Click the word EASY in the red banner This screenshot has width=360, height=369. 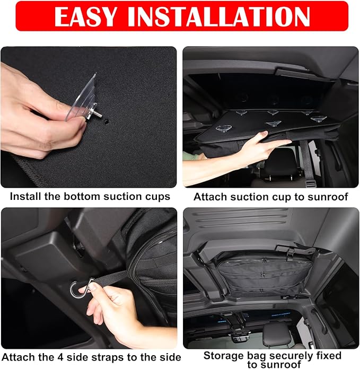pyautogui.click(x=86, y=16)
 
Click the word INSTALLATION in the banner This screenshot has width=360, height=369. pyautogui.click(x=218, y=16)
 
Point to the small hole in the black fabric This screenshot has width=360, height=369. pyautogui.click(x=106, y=121)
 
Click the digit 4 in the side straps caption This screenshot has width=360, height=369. pyautogui.click(x=60, y=357)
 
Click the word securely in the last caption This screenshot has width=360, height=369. pyautogui.click(x=292, y=356)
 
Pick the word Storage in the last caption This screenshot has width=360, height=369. pyautogui.click(x=220, y=356)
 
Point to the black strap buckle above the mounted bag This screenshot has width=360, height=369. pyautogui.click(x=290, y=251)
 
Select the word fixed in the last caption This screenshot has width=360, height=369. pyautogui.click(x=329, y=356)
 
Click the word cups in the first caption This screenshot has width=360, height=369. pyautogui.click(x=157, y=197)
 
